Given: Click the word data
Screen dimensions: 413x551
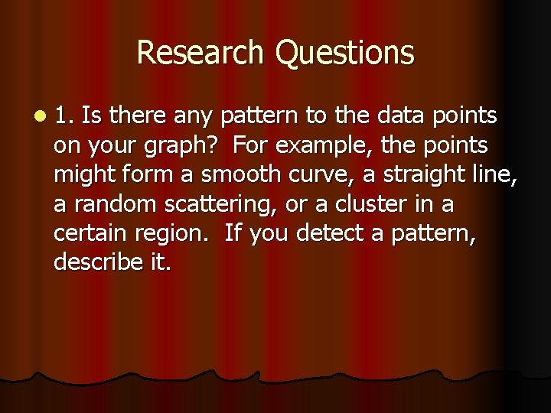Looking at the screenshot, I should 384,115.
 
